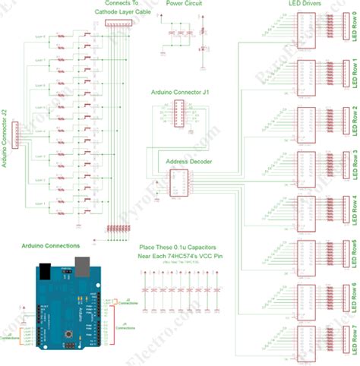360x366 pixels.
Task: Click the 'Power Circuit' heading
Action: [x=184, y=5]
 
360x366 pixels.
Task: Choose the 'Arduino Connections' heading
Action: [x=51, y=246]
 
